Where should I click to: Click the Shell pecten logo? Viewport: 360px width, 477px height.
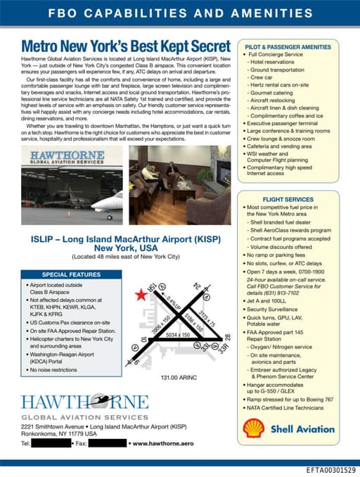tap(253, 428)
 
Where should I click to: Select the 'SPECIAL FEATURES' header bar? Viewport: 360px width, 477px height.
tap(65, 274)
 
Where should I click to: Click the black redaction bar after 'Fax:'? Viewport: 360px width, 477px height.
tap(106, 444)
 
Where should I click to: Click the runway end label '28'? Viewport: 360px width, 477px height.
tap(227, 338)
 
